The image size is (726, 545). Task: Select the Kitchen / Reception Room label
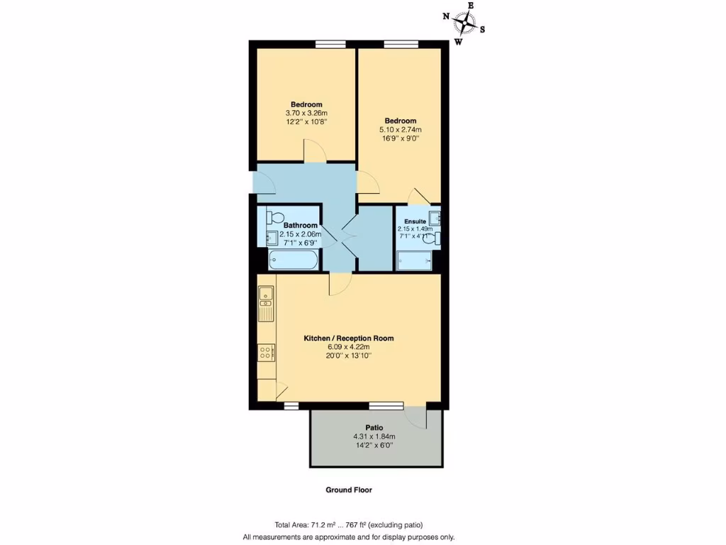point(348,338)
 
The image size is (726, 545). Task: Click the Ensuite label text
point(415,221)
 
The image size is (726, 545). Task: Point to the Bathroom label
point(300,226)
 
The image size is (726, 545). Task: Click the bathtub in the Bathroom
point(293,261)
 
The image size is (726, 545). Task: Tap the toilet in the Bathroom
point(274,216)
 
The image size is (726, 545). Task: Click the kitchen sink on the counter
point(266,299)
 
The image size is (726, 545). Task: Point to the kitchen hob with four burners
point(266,353)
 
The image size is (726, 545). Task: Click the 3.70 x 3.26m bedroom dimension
point(306,113)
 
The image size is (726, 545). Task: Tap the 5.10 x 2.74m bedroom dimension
point(401,130)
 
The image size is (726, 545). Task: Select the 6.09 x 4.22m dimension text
point(348,347)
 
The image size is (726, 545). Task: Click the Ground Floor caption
point(348,490)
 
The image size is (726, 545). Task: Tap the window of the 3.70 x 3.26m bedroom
point(330,45)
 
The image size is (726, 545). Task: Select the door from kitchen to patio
point(417,417)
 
